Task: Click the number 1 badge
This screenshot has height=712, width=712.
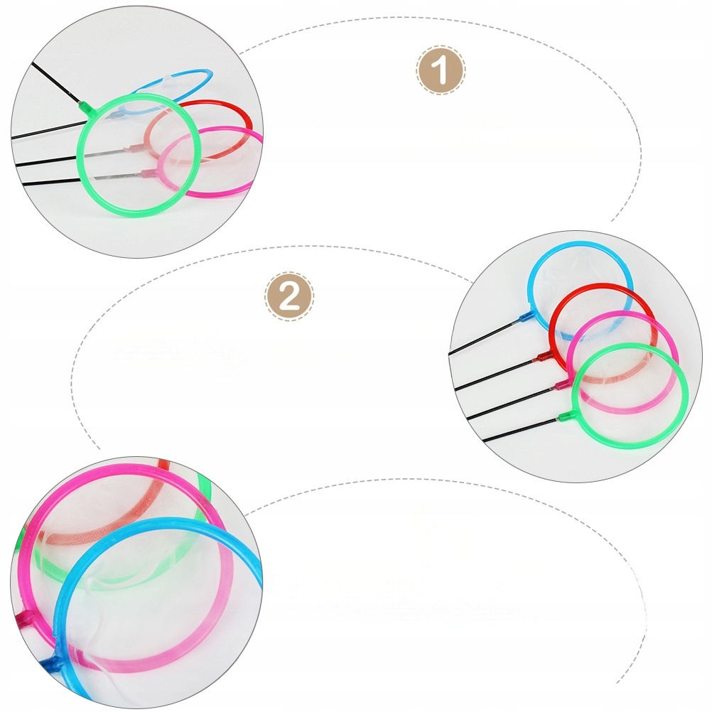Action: point(441,71)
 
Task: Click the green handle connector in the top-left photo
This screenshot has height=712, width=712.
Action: point(86,109)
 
